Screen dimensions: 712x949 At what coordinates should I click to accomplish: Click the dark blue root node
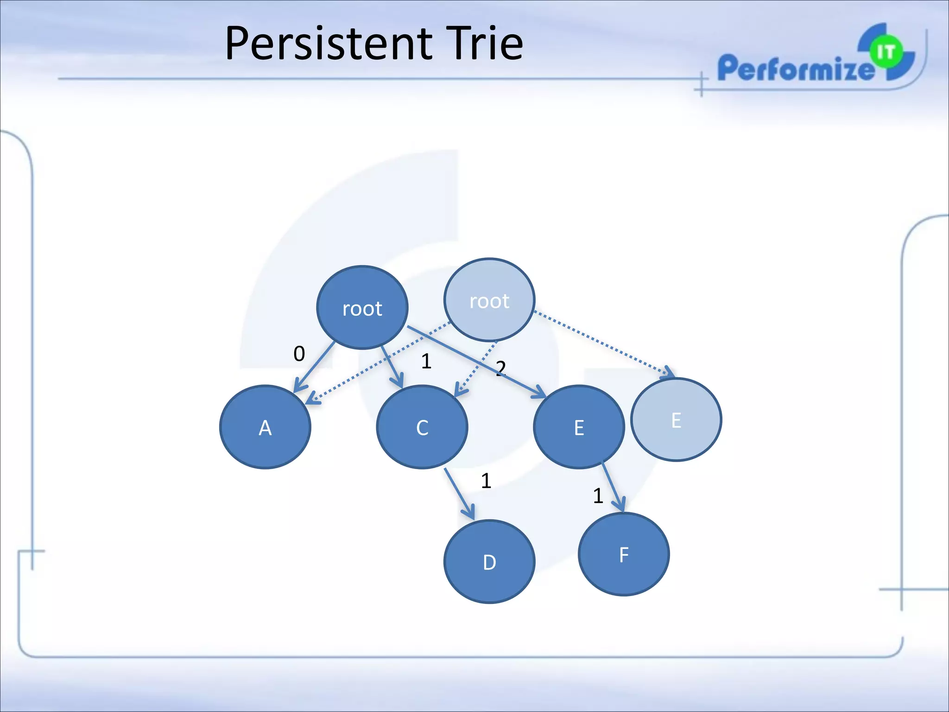click(x=362, y=307)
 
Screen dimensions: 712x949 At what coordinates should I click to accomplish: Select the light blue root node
click(x=489, y=300)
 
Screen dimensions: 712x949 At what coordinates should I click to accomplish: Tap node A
click(x=265, y=427)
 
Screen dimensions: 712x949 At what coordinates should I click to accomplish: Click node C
click(x=422, y=427)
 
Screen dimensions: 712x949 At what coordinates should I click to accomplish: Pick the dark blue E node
click(x=579, y=427)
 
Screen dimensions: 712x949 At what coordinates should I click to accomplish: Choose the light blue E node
click(x=676, y=420)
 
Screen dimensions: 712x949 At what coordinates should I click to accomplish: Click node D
click(x=489, y=561)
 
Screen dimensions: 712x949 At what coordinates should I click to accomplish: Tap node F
click(x=624, y=554)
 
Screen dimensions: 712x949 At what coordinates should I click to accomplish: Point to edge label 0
click(x=299, y=354)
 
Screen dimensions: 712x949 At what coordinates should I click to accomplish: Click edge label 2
click(x=501, y=369)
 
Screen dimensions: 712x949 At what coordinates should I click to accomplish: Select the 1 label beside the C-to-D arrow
click(x=486, y=481)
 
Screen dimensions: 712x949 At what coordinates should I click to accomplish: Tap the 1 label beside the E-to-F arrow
click(x=598, y=496)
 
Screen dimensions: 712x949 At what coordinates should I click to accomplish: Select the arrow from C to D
click(x=459, y=493)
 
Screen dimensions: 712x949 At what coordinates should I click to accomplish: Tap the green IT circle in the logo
click(x=886, y=52)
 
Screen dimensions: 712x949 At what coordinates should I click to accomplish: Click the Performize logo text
click(x=795, y=69)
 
